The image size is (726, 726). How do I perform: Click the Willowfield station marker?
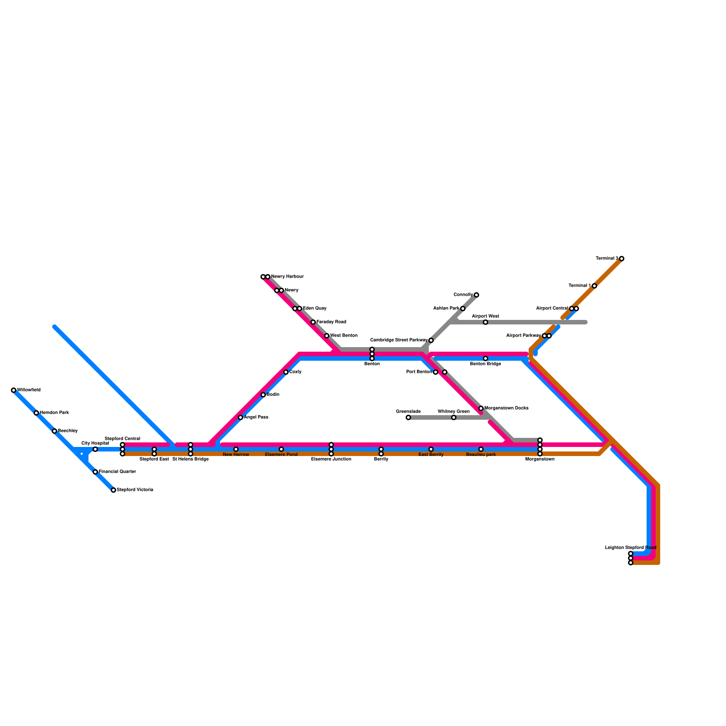[x=14, y=390]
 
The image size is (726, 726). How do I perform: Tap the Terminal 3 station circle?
[x=622, y=259]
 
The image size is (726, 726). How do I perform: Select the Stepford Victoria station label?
[x=135, y=490]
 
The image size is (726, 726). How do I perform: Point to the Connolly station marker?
[x=476, y=295]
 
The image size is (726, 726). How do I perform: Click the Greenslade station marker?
[x=408, y=417]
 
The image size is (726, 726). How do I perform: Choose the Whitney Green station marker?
[x=454, y=417]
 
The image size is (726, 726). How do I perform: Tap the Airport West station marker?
[x=486, y=322]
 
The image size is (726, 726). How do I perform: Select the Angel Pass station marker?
[x=240, y=417]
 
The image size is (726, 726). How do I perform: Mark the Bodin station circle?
[x=263, y=395]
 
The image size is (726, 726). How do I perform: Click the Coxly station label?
[x=295, y=372]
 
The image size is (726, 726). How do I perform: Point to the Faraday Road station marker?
[x=313, y=322]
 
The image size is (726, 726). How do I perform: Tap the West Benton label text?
[x=343, y=336]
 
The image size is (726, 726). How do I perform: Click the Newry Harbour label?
[x=287, y=277]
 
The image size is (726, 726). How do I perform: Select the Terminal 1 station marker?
[x=594, y=286]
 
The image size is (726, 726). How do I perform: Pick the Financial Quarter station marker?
[x=95, y=472]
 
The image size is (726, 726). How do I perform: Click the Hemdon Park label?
[x=54, y=413]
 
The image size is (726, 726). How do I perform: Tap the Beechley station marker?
[x=54, y=431]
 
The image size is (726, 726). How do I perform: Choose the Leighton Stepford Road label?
[x=631, y=548]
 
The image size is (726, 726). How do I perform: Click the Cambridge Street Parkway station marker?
[x=431, y=340]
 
